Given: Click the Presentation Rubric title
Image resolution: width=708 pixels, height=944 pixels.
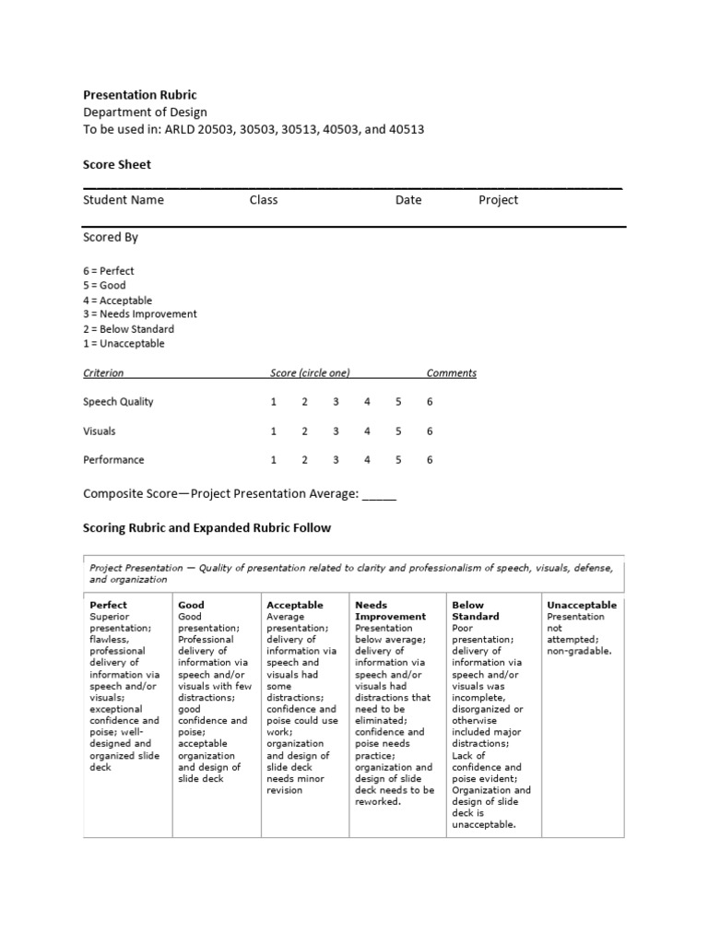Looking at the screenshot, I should tap(139, 95).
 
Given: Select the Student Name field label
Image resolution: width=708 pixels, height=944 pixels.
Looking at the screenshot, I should tap(124, 200).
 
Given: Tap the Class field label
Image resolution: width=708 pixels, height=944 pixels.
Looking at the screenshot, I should tap(263, 200).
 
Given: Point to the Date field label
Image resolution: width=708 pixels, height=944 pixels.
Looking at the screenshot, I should tap(408, 200).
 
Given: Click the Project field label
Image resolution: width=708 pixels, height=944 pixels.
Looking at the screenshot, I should tap(498, 200).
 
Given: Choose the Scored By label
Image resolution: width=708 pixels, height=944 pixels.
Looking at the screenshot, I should tap(111, 237).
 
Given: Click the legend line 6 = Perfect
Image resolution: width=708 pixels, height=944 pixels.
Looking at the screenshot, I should tap(109, 271).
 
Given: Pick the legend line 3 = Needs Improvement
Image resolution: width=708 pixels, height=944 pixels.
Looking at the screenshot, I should tap(140, 314).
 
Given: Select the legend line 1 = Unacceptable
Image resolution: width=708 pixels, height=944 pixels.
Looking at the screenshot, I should tap(124, 344).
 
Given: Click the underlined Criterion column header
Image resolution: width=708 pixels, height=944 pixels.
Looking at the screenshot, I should tap(103, 373).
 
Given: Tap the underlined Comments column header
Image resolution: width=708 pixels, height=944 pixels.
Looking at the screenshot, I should tap(451, 373).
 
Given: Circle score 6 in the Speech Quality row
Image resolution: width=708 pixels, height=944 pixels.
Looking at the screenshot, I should tap(430, 402).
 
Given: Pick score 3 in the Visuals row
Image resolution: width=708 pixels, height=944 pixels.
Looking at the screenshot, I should tap(336, 431).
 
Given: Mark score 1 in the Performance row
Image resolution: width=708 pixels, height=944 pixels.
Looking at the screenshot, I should tap(273, 460).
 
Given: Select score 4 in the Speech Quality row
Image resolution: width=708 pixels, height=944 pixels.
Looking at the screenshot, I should tap(367, 402).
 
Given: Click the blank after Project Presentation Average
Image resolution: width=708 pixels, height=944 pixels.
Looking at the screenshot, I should tap(379, 494).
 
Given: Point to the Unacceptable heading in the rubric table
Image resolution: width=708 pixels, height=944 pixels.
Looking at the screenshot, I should tap(582, 605).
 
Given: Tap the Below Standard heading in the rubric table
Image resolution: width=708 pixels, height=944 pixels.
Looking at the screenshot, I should tap(476, 610).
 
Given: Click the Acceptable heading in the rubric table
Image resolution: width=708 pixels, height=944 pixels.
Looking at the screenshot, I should tap(294, 605).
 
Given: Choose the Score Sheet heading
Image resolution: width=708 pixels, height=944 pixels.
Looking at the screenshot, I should tap(117, 165).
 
